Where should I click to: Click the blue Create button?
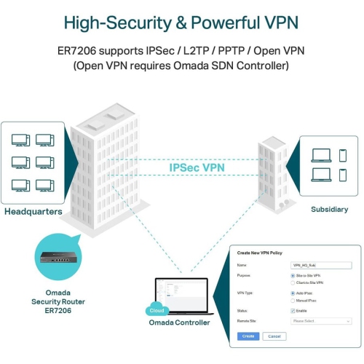(x=248, y=336)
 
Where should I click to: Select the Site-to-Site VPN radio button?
(x=293, y=277)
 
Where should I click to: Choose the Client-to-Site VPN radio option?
(x=293, y=282)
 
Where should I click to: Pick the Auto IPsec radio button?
(x=293, y=293)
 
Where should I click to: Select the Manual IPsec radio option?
(x=293, y=299)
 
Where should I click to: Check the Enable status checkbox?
(x=293, y=310)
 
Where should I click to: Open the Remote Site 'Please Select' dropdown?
(x=320, y=320)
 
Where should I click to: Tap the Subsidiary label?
(x=329, y=209)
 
